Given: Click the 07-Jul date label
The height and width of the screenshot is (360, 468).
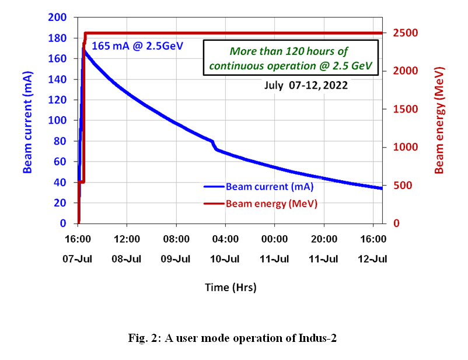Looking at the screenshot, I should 78,258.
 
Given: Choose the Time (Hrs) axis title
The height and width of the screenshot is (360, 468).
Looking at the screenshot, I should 230,287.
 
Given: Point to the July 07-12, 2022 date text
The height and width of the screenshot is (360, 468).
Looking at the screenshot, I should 306,85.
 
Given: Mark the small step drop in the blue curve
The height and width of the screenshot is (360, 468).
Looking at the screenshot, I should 214,145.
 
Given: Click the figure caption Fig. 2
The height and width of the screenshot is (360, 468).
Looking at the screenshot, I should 233,338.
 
